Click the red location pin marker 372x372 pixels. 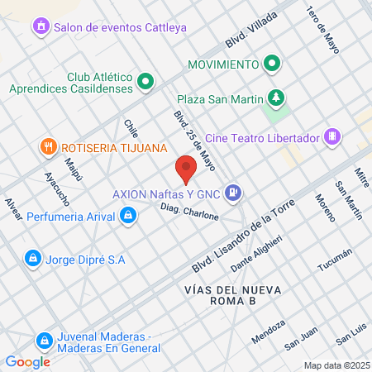(186, 169)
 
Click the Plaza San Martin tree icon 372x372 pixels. (276, 98)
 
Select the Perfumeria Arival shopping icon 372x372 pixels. (128, 217)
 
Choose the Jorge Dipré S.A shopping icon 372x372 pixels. (32, 259)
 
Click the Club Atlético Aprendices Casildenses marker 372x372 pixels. (145, 81)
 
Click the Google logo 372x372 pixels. (27, 361)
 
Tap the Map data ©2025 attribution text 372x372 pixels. (336, 365)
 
